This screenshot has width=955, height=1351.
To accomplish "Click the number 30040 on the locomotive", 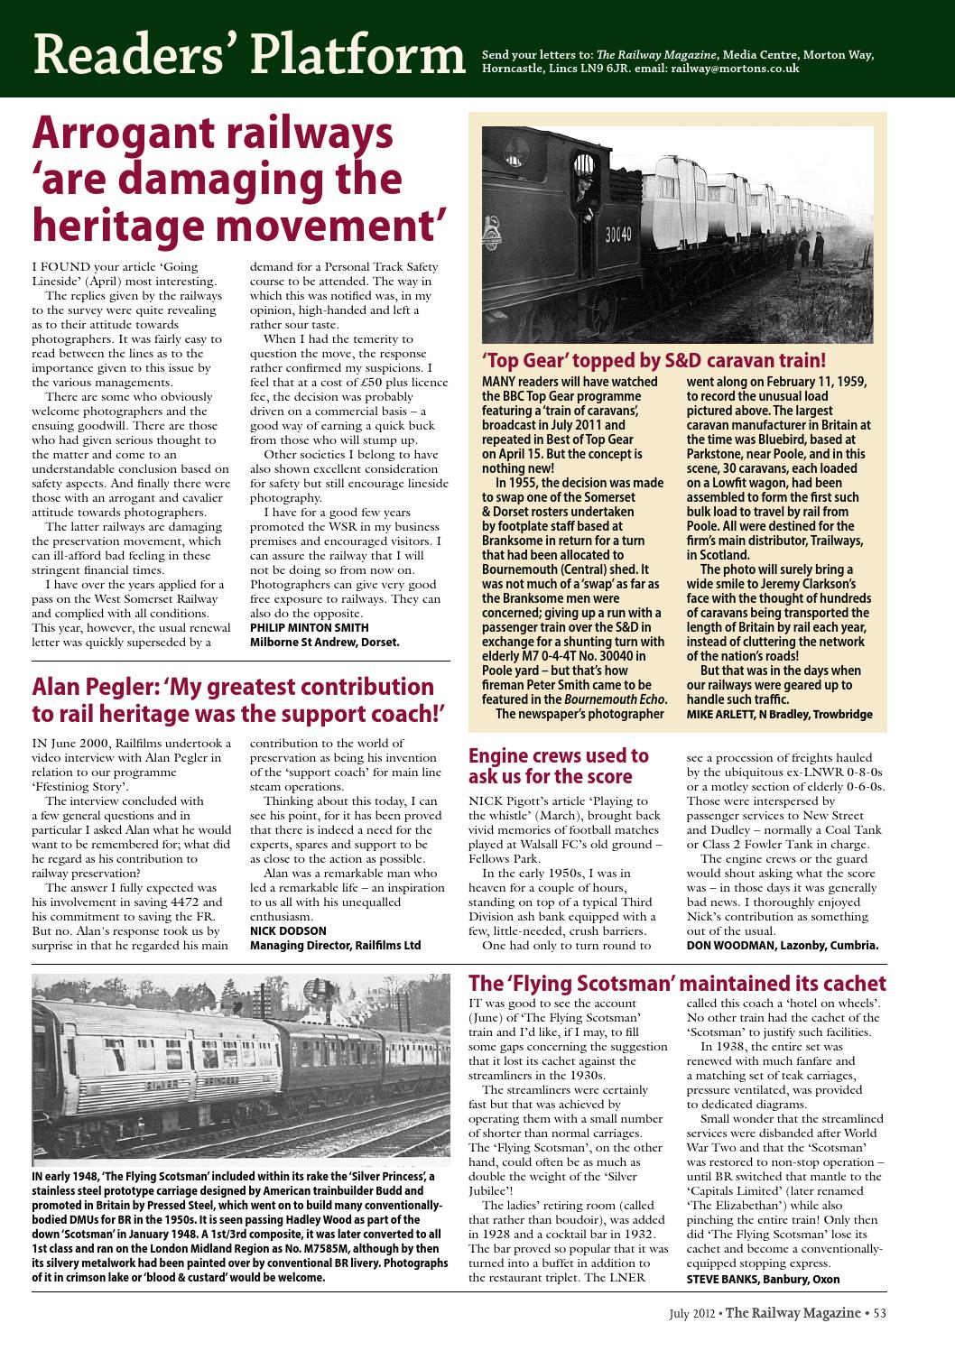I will click(617, 235).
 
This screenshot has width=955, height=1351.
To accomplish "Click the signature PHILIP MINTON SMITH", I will click(309, 627).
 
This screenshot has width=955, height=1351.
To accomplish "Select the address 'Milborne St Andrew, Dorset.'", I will click(324, 642).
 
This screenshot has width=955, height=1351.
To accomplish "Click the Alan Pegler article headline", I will click(239, 699).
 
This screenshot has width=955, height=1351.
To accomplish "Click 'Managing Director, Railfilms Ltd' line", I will click(335, 945).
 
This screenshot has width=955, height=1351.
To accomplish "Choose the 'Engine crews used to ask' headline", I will click(558, 765).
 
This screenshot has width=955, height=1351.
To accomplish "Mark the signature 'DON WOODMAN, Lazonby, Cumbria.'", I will click(783, 945).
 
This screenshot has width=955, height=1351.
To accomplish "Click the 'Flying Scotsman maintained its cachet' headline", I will click(677, 984).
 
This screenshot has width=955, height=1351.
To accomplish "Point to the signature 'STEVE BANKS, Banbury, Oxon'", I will click(763, 1279).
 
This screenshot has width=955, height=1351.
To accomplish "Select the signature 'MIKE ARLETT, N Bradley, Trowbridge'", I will click(779, 714).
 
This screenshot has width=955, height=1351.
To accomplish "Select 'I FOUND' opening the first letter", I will click(57, 267).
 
